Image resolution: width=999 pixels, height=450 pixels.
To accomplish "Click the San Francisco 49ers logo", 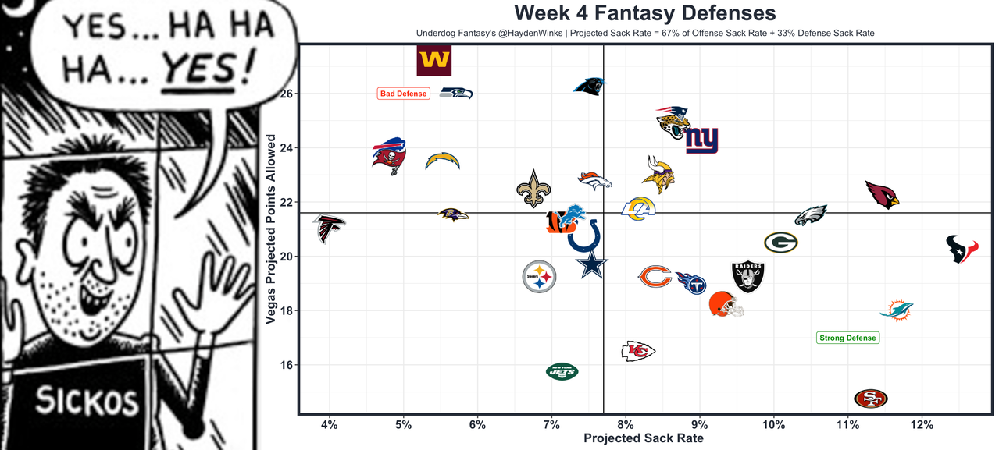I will coord(870,399).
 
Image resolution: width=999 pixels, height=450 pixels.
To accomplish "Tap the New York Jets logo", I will coord(562,372).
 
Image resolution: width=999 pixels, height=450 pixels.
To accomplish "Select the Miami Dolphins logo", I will coord(895,310).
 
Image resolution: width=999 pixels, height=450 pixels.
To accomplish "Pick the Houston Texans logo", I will coord(962,250).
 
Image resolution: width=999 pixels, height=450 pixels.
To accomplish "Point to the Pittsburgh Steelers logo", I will coord(539,276).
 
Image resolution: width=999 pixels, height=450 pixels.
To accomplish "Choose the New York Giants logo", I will coord(701,140).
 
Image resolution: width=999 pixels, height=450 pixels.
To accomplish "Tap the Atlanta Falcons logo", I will coord(329,228).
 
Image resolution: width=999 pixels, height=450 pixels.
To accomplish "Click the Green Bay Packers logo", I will coord(780,243).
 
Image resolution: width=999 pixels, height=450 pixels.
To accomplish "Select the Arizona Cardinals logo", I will coord(882,194).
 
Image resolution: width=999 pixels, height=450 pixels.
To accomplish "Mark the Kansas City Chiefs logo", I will coord(637,351).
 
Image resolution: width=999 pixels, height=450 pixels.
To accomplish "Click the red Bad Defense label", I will coord(403,94).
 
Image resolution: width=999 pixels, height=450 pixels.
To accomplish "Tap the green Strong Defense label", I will coord(847,338).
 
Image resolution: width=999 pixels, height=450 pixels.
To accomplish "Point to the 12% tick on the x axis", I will coord(922,424).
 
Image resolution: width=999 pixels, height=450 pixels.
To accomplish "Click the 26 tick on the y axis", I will coord(287,94).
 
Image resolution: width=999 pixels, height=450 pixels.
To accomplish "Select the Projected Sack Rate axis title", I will coord(644,439).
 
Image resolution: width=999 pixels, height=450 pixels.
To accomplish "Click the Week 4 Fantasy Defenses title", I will coord(644,13).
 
